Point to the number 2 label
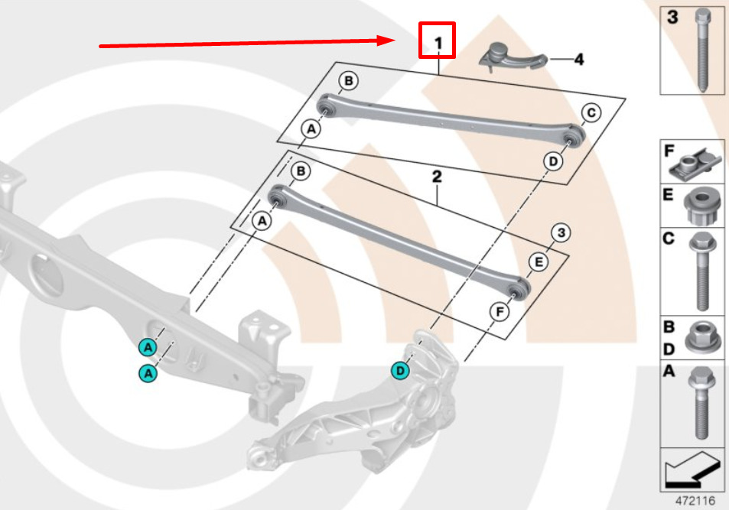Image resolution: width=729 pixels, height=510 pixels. point(437,177)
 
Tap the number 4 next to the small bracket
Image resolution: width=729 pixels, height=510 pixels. point(578,59)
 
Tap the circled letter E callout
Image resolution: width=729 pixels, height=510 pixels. point(539,263)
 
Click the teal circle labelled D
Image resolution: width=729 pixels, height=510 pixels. point(399,371)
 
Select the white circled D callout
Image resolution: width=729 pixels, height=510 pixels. point(552,161)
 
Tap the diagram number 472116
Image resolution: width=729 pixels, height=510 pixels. point(695,501)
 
